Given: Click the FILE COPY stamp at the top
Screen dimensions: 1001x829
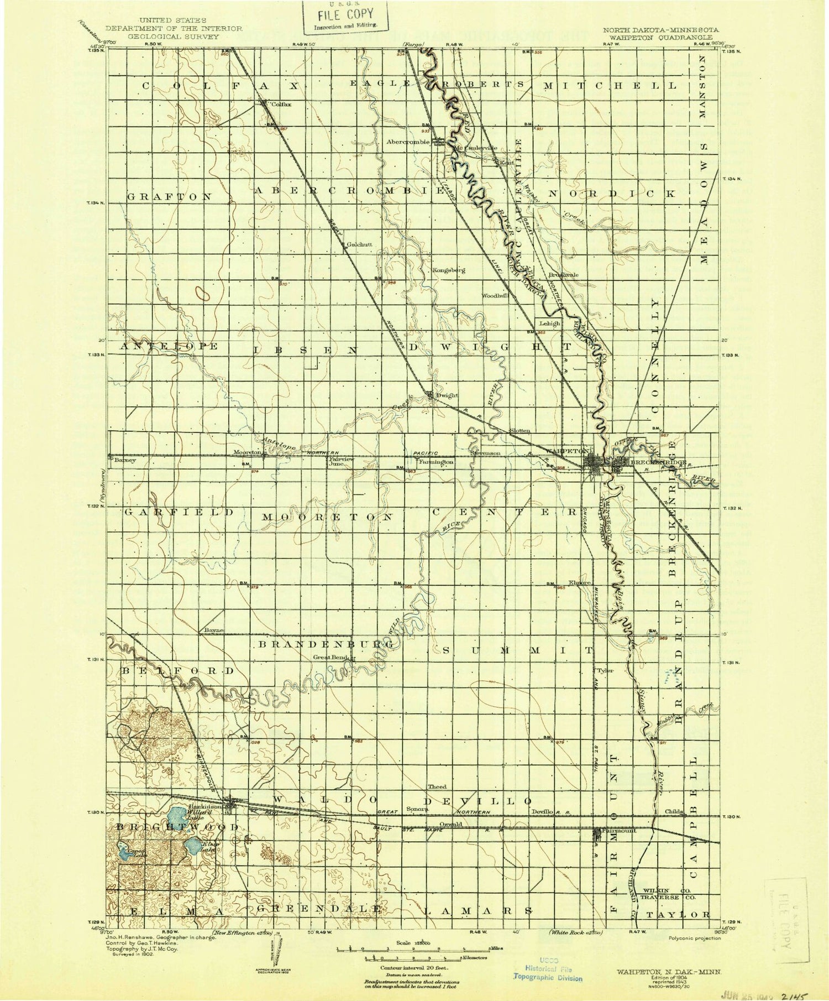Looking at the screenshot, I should pyautogui.click(x=345, y=17).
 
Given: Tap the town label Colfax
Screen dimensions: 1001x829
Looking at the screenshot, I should pyautogui.click(x=281, y=103).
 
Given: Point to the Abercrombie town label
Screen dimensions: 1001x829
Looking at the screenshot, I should pyautogui.click(x=408, y=142).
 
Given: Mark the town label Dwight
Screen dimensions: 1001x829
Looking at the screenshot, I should pyautogui.click(x=448, y=395).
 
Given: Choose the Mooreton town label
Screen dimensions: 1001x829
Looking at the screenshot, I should pyautogui.click(x=247, y=452).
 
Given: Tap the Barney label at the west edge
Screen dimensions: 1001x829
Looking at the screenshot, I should pyautogui.click(x=125, y=459).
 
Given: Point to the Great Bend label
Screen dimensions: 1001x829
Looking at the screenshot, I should pyautogui.click(x=329, y=658).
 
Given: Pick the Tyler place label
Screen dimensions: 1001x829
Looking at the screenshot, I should pyautogui.click(x=607, y=670).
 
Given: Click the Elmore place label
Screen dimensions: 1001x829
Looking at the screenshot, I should pyautogui.click(x=580, y=582).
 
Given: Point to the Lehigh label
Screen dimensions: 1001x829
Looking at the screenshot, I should pyautogui.click(x=549, y=324).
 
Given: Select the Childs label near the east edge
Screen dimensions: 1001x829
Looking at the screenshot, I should pyautogui.click(x=674, y=811).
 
